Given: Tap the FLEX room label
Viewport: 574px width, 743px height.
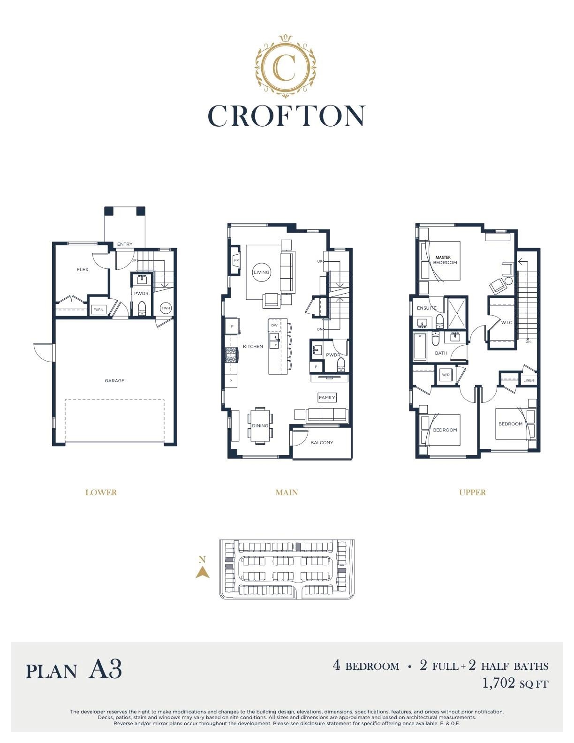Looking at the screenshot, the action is pos(83,269).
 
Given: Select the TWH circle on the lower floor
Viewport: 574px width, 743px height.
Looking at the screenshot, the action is pos(166,308).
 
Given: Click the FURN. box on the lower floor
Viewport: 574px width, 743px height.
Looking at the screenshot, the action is pos(99,309).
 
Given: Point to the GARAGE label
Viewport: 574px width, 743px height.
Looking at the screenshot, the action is pos(114,380).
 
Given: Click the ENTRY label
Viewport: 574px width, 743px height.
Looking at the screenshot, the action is pos(124,244).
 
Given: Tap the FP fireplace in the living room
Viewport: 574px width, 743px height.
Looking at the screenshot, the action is pos(236,260).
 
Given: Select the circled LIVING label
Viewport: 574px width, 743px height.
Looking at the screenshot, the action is pos(262,272).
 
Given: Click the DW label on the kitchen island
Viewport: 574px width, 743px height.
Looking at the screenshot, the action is pos(274,325).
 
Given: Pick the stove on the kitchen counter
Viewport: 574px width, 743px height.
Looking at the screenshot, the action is pos(231,355).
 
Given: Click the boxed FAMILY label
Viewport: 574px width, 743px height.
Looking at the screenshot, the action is pos(327,397).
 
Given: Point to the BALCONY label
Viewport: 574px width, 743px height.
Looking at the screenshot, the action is pos(322,442).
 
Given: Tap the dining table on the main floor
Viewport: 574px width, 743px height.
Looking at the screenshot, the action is pos(260,426).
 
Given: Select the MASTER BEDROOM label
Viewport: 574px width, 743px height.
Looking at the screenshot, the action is pos(445,260).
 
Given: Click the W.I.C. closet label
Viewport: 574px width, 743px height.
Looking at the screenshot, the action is pos(507,322).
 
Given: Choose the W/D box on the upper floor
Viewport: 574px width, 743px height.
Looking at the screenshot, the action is pos(446,375).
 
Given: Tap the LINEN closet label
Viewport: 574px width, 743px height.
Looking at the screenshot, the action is pos(529,380).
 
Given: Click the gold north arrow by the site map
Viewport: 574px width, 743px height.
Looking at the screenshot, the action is pos(203,572).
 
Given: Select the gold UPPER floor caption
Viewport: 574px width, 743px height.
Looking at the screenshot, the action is pos(472,493).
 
